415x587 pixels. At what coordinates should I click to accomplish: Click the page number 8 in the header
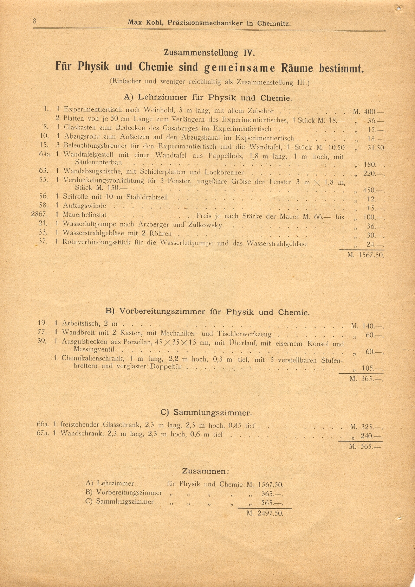35,21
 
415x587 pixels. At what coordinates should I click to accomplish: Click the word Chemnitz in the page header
273,24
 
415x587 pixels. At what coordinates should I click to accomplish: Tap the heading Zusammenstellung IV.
209,53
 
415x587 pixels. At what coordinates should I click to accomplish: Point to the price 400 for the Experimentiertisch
370,112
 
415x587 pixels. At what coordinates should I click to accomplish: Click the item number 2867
41,214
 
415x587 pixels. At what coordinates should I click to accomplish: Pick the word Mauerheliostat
85,215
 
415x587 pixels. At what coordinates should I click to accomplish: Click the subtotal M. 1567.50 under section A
366,255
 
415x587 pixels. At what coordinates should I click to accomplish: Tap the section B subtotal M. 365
365,379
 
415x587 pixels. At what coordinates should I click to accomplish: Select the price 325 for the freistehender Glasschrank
367,427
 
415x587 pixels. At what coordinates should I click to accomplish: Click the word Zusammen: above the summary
206,471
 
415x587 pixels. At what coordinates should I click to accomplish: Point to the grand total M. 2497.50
265,513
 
